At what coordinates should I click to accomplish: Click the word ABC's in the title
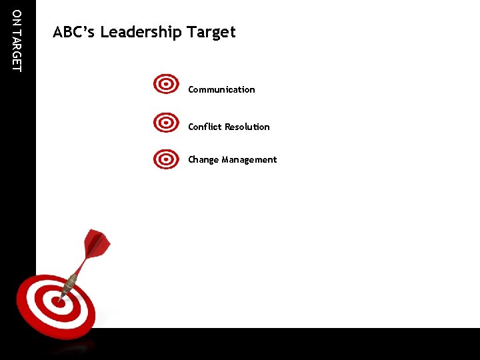pyautogui.click(x=74, y=32)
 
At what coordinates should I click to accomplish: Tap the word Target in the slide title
pyautogui.click(x=211, y=32)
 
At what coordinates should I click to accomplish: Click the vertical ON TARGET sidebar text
pyautogui.click(x=17, y=40)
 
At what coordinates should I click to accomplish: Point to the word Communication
pyautogui.click(x=221, y=89)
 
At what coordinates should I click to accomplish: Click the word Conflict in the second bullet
pyautogui.click(x=205, y=127)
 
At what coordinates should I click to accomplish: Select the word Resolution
pyautogui.click(x=247, y=127)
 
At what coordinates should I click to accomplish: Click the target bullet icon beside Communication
pyautogui.click(x=166, y=85)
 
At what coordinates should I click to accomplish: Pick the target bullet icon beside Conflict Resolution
pyautogui.click(x=166, y=123)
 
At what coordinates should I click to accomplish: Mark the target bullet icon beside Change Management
pyautogui.click(x=166, y=160)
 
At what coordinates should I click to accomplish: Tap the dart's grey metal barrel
pyautogui.click(x=69, y=286)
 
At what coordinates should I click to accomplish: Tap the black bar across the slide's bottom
pyautogui.click(x=300, y=343)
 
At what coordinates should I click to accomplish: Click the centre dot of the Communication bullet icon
pyautogui.click(x=166, y=85)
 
